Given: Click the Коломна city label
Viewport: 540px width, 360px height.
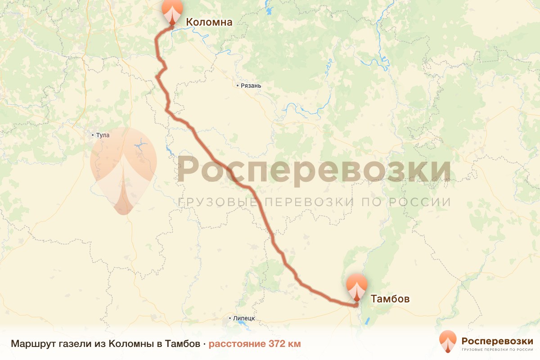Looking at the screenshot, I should (209, 22).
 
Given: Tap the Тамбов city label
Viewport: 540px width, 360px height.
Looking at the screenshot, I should (390, 298).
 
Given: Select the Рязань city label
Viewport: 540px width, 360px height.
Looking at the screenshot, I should (251, 86).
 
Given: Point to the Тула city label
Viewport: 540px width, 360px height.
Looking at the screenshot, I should (103, 135).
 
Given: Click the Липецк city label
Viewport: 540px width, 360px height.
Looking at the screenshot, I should (244, 319).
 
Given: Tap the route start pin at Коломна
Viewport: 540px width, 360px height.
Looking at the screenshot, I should (173, 11).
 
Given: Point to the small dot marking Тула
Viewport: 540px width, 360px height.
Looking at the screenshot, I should (93, 135).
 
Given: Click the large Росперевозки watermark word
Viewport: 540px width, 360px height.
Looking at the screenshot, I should (314, 170).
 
